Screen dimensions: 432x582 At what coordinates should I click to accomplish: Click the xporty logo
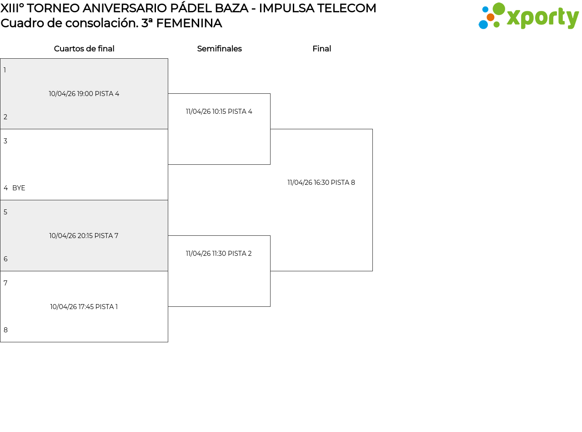528,16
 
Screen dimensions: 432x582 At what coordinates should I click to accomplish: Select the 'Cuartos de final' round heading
84,49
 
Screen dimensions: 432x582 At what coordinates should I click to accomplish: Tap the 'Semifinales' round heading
219,49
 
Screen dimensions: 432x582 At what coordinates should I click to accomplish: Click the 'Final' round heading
321,49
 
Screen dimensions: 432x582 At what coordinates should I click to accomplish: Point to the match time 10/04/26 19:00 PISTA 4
84,94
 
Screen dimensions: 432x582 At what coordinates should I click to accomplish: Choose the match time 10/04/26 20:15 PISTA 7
84,236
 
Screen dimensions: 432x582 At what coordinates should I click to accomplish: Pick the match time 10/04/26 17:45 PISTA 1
84,307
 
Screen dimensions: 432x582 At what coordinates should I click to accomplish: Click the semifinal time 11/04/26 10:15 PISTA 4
219,112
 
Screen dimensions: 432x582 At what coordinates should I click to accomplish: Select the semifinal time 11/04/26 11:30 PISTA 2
219,254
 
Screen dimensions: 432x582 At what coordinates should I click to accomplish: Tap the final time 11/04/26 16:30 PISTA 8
321,183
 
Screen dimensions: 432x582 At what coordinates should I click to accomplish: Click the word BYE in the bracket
19,188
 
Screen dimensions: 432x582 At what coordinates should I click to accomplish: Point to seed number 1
5,70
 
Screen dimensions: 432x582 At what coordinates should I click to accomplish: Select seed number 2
5,117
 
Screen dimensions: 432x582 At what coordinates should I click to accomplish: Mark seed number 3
5,141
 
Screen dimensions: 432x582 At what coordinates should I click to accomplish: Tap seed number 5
5,212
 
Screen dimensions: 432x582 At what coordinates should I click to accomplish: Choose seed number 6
5,259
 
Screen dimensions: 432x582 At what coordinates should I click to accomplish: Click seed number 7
5,283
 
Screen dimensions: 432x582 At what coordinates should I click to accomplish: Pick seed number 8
5,330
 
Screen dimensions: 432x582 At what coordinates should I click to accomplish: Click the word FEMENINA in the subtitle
189,23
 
